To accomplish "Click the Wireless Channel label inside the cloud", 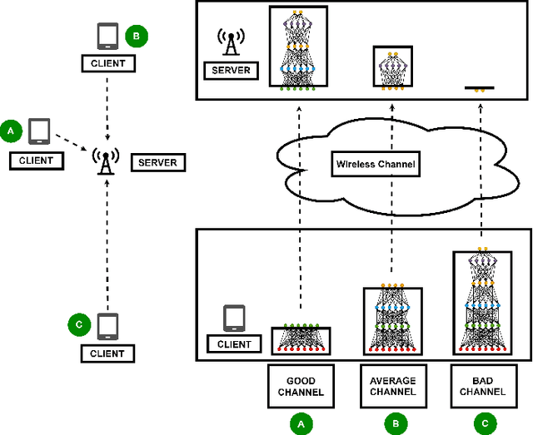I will pyautogui.click(x=375, y=164).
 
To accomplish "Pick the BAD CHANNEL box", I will pyautogui.click(x=482, y=386).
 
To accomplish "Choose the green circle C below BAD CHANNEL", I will pyautogui.click(x=482, y=423).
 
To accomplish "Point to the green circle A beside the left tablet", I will pyautogui.click(x=11, y=131).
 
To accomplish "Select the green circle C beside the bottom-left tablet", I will pyautogui.click(x=77, y=324).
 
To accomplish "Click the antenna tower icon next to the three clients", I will pyautogui.click(x=106, y=162).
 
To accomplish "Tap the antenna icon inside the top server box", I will pyautogui.click(x=229, y=43).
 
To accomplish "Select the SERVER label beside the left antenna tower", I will pyautogui.click(x=158, y=161).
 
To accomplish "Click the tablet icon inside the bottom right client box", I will pyautogui.click(x=235, y=319).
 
